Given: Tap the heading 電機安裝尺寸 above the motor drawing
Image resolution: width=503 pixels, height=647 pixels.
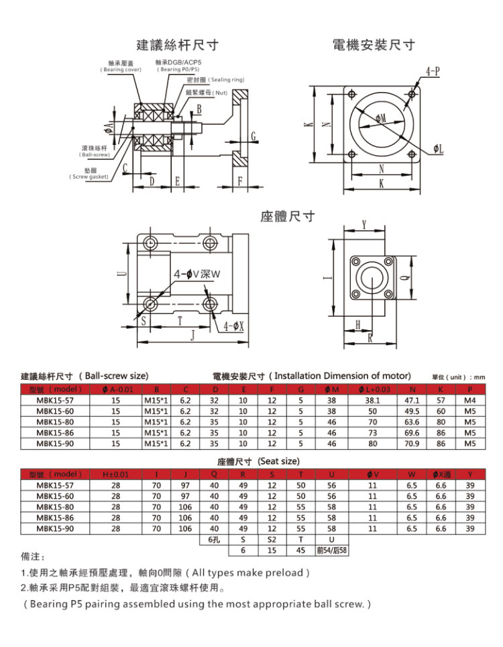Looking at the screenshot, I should click(x=374, y=46).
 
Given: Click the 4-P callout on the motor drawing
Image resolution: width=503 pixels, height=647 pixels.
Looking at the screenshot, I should click(x=433, y=72).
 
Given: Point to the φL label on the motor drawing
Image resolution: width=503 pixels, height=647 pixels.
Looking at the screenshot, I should click(x=438, y=149).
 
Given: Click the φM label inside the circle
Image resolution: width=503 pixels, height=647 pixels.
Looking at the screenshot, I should click(x=380, y=119).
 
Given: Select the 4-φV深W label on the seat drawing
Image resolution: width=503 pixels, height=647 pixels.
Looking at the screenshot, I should click(x=198, y=275).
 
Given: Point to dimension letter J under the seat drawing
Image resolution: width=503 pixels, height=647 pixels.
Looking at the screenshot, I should click(x=192, y=334).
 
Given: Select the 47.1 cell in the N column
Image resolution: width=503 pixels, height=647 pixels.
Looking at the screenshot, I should click(x=412, y=400).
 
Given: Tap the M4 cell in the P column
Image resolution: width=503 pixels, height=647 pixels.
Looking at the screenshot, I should click(x=469, y=400).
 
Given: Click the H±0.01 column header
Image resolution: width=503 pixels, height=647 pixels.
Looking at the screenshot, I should click(x=115, y=475).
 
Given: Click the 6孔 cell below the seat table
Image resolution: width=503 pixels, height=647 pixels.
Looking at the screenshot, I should click(x=215, y=540).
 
